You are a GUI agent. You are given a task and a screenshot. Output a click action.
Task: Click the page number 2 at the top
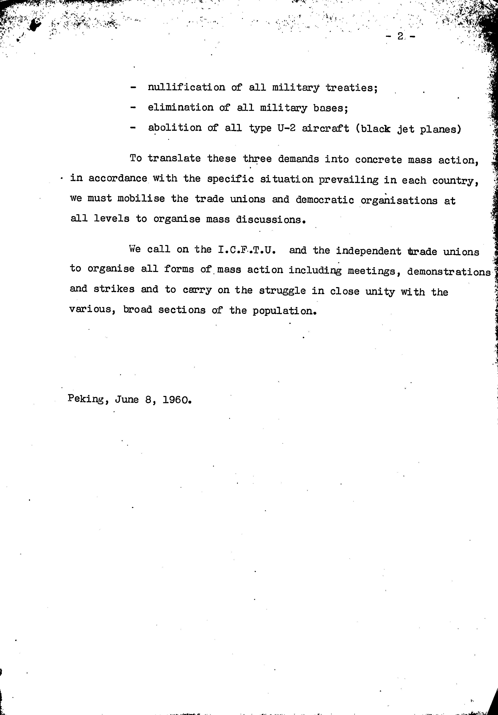[x=400, y=37]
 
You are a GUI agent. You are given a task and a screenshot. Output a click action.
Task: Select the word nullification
[x=186, y=88]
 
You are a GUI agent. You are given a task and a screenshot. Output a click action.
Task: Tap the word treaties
[x=352, y=88]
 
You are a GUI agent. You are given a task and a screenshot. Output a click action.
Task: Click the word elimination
[x=181, y=108]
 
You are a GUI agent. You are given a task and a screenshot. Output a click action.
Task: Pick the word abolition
[x=175, y=128]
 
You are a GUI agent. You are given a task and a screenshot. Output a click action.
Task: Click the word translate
[x=174, y=159]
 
